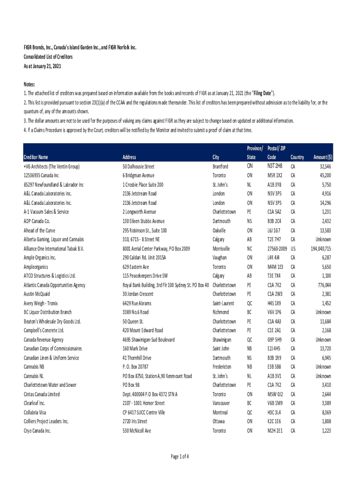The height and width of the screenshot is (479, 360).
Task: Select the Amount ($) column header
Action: pyautogui.click(x=323, y=157)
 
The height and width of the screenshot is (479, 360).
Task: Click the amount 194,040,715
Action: pyautogui.click(x=320, y=249)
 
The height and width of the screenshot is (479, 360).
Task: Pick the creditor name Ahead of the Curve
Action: pyautogui.click(x=39, y=231)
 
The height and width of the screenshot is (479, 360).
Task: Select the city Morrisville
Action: pyautogui.click(x=221, y=249)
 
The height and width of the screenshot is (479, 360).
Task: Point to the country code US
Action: pyautogui.click(x=293, y=249)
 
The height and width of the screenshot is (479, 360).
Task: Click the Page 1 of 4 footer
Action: pyautogui.click(x=180, y=457)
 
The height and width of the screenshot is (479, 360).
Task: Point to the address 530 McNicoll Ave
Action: pyautogui.click(x=137, y=430)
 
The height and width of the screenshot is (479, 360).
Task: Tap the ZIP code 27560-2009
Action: pyautogui.click(x=277, y=249)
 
